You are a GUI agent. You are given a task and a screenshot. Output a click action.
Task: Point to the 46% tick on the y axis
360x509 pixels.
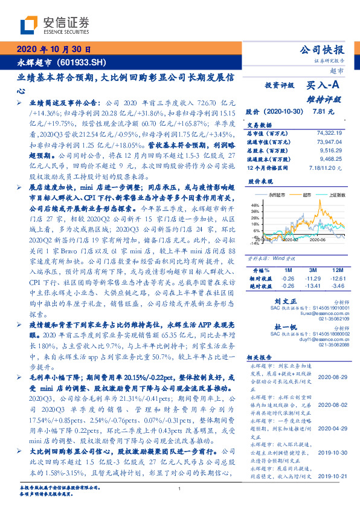pyautogui.click(x=254, y=206)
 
